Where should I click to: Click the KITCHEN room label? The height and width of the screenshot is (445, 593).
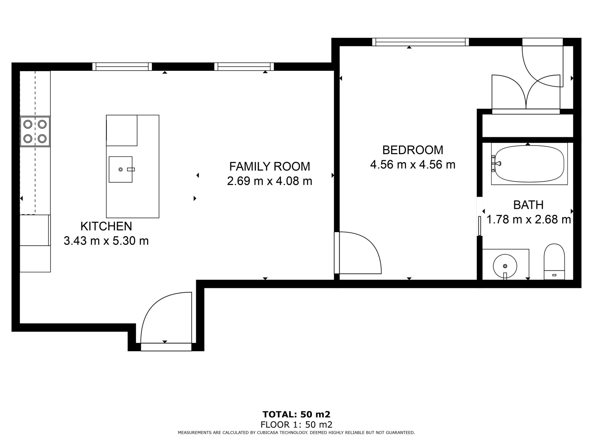[106, 226]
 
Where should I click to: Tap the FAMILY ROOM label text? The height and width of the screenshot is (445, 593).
[270, 166]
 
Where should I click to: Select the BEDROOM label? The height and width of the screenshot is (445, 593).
[413, 150]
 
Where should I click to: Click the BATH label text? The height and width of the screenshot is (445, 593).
[528, 205]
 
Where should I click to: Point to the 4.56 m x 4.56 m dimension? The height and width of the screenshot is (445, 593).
[413, 165]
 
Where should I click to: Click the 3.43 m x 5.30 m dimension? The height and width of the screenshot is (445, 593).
[106, 240]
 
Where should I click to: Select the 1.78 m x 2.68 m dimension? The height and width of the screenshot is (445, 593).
[529, 220]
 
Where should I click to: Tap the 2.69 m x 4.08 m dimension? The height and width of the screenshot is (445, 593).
[270, 181]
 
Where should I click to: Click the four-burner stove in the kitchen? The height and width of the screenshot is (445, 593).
[35, 131]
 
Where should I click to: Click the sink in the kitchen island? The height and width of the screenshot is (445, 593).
[121, 169]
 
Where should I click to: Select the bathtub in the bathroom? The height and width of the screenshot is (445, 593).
[529, 164]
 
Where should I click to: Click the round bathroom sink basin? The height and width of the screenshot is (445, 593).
[505, 265]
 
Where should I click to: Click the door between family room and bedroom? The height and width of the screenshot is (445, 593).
[358, 253]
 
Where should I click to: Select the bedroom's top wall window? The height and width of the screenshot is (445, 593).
[420, 42]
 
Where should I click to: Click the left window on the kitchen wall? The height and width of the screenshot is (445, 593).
[122, 66]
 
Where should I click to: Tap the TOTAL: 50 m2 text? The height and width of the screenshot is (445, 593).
[296, 415]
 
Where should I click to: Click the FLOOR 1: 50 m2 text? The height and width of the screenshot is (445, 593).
[296, 425]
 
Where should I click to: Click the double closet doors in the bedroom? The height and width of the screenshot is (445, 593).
[526, 93]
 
